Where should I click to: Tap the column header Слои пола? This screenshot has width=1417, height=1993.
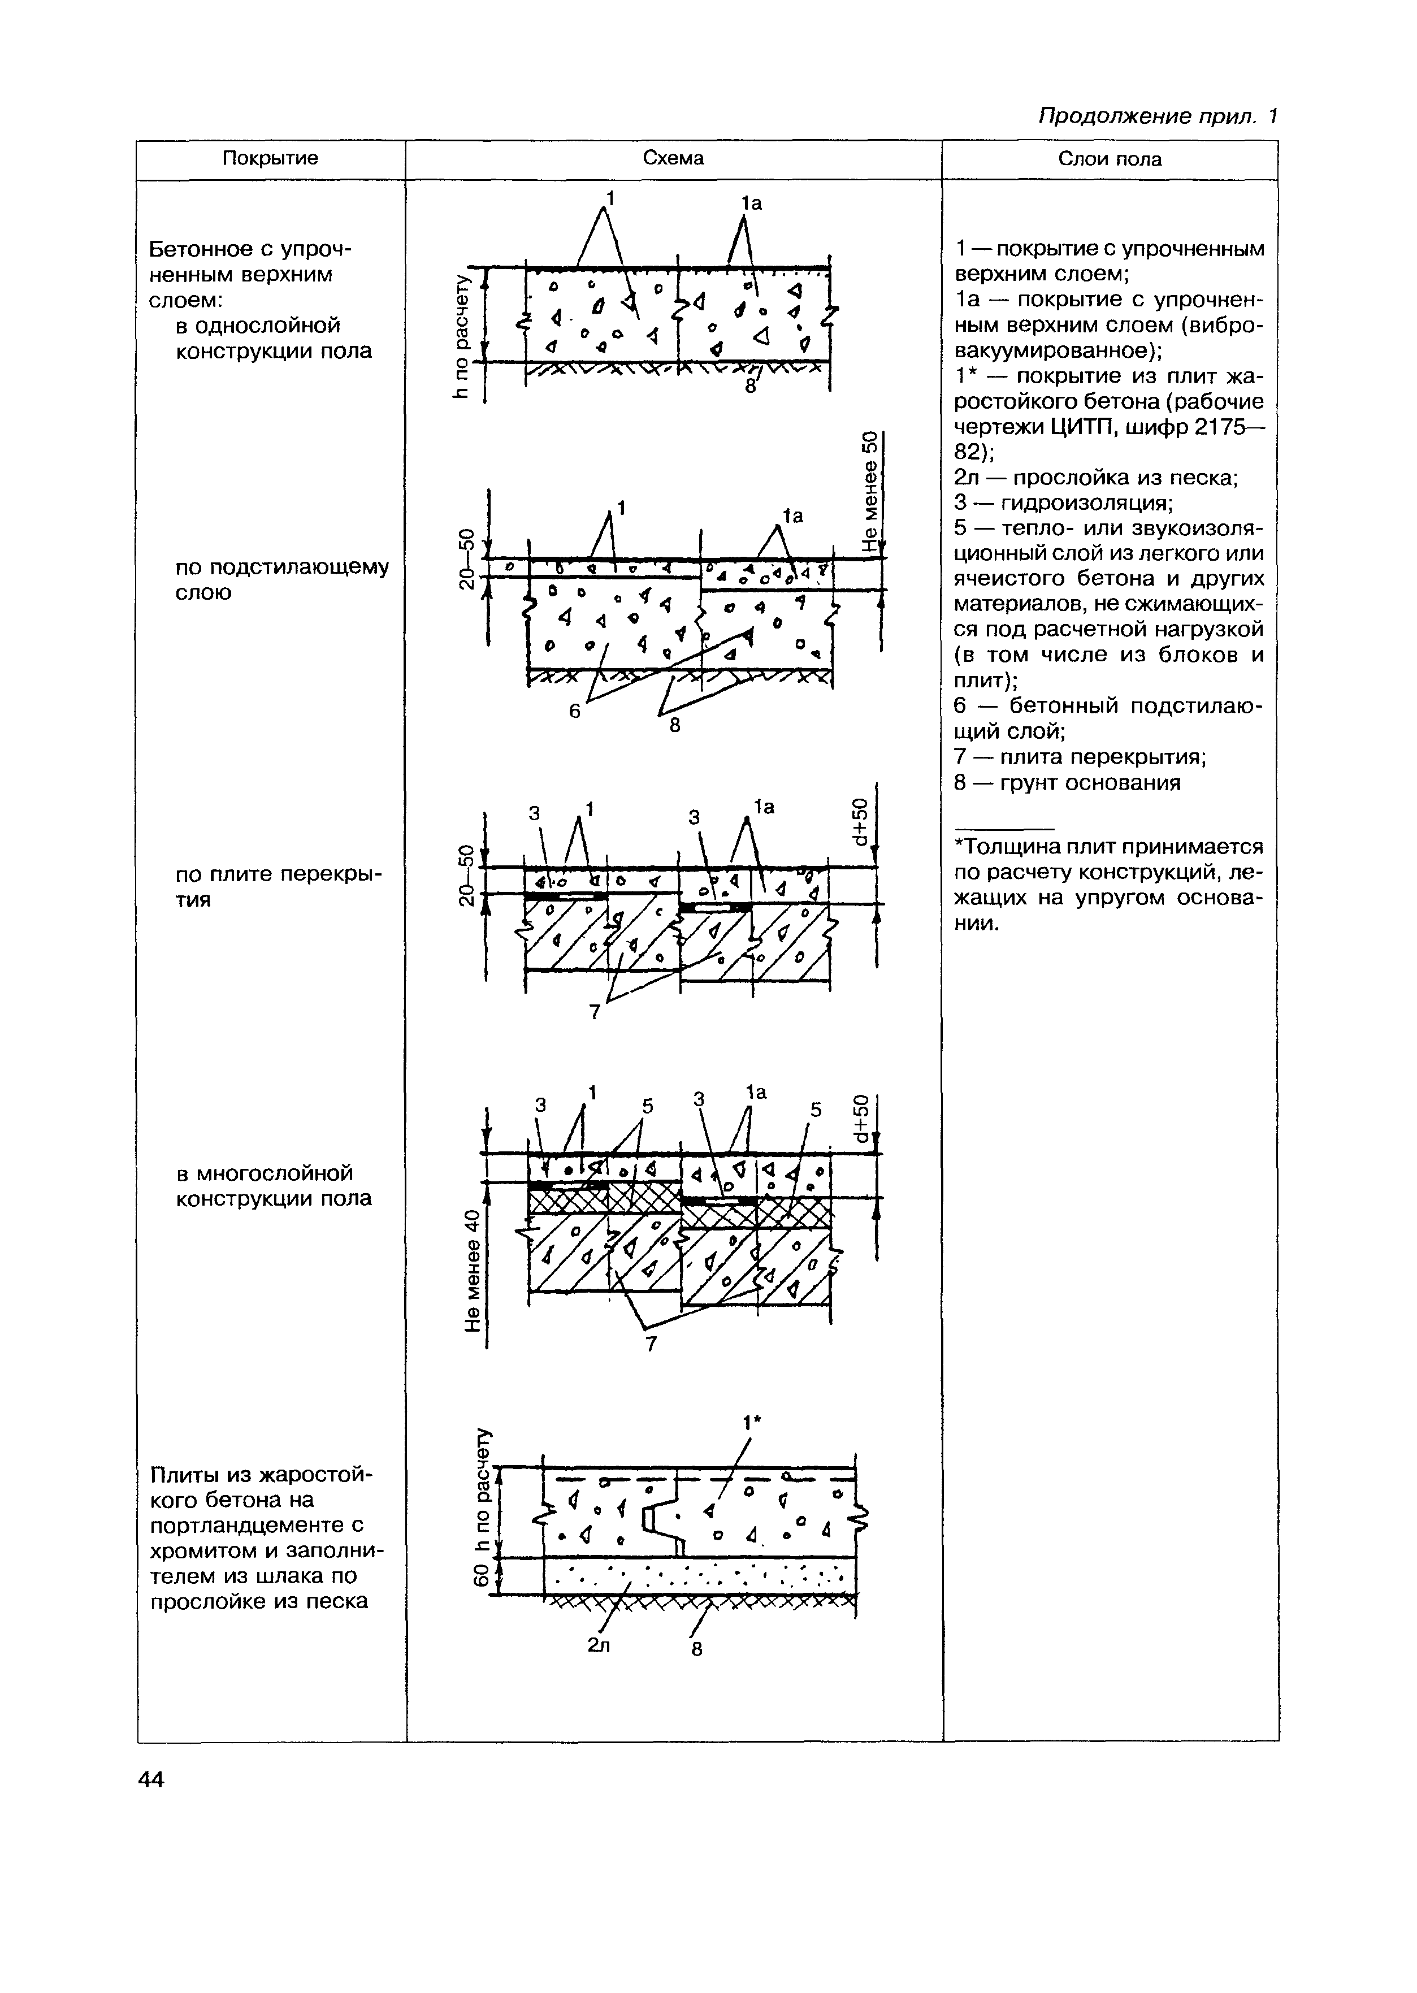[x=1110, y=159]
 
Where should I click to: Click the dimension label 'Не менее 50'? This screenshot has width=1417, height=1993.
[x=869, y=491]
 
